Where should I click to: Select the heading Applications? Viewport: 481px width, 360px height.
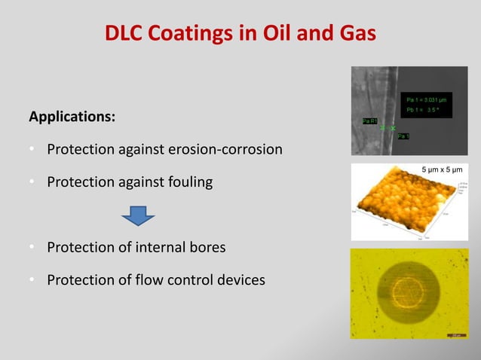point(72,117)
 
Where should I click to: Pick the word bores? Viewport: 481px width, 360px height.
point(206,248)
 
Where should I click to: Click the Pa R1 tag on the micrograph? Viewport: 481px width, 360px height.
point(369,121)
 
